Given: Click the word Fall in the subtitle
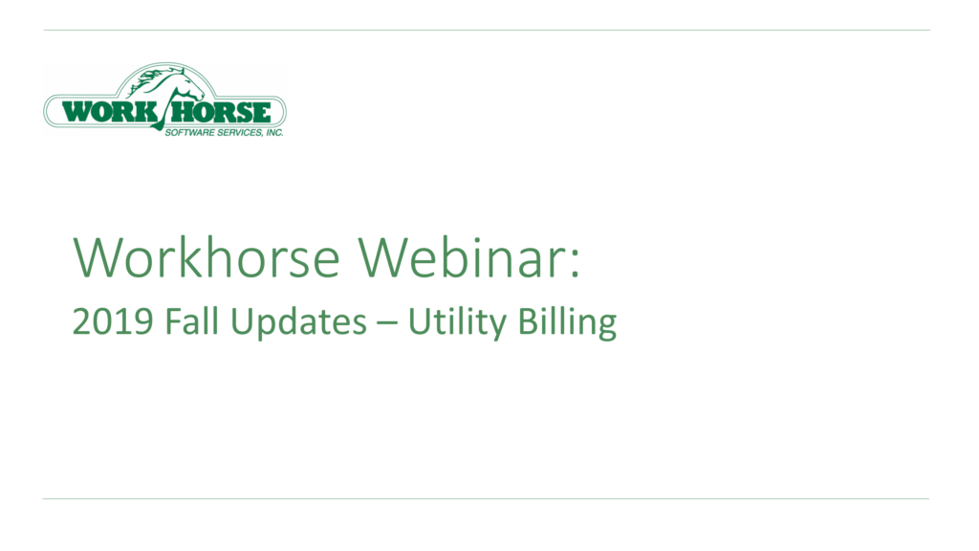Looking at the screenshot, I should (x=185, y=322).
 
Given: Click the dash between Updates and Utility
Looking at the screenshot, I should (x=388, y=324).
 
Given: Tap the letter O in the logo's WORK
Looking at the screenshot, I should (x=99, y=112).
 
